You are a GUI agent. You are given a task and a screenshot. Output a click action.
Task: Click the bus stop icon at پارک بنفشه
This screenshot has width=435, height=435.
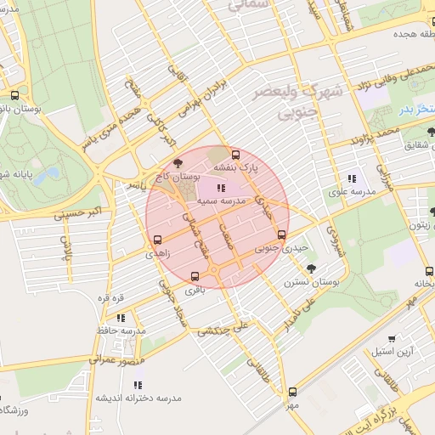click(x=235, y=155)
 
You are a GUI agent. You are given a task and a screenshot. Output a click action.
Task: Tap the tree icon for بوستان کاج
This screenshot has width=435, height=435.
click(x=177, y=164)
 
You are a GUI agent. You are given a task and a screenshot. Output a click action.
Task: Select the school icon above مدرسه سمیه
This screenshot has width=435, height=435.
click(x=222, y=188)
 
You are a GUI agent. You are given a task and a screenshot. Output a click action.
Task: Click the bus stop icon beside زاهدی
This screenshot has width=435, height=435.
click(x=157, y=240)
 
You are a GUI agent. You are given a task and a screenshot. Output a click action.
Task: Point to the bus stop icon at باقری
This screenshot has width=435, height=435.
click(x=195, y=276)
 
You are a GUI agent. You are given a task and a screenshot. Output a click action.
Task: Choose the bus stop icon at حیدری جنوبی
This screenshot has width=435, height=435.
click(x=281, y=235)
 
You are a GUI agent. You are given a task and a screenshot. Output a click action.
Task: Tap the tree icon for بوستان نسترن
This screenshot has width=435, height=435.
click(x=313, y=268)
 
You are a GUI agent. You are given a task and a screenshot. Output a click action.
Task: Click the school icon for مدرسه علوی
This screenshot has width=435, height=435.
click(x=351, y=178)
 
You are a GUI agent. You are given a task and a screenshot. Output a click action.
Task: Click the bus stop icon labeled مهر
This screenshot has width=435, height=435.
click(x=293, y=392)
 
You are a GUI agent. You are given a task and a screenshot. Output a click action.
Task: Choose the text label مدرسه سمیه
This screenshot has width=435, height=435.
click(x=222, y=201)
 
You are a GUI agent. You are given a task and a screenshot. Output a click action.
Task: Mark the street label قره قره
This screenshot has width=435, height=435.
click(x=111, y=298)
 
